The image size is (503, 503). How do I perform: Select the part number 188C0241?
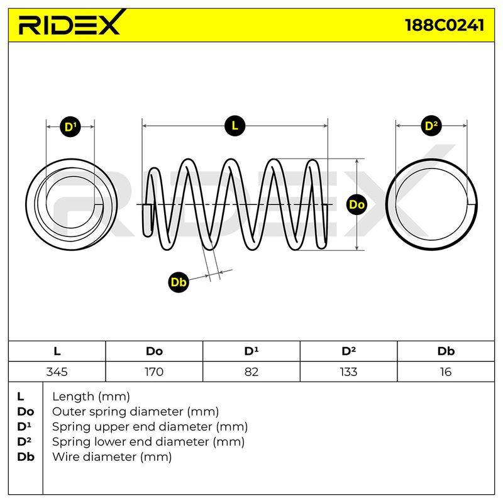[445, 25]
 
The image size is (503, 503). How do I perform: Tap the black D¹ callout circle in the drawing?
[70, 127]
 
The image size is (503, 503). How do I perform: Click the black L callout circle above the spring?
[235, 125]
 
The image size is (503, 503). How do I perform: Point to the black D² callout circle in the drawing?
[431, 125]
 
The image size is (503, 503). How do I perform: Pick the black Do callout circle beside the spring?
[357, 204]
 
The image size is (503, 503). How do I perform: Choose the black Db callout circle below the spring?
[179, 282]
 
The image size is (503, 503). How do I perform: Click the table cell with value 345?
[57, 372]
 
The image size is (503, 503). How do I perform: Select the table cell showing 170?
[154, 372]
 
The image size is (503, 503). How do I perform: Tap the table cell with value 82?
[251, 372]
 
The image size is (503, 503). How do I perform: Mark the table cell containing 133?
[349, 372]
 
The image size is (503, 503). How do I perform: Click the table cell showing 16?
[446, 372]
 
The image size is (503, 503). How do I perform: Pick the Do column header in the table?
[154, 351]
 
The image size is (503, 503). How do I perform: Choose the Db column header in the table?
[446, 351]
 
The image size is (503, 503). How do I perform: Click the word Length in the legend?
[73, 397]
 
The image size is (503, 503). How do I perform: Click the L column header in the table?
[57, 351]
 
